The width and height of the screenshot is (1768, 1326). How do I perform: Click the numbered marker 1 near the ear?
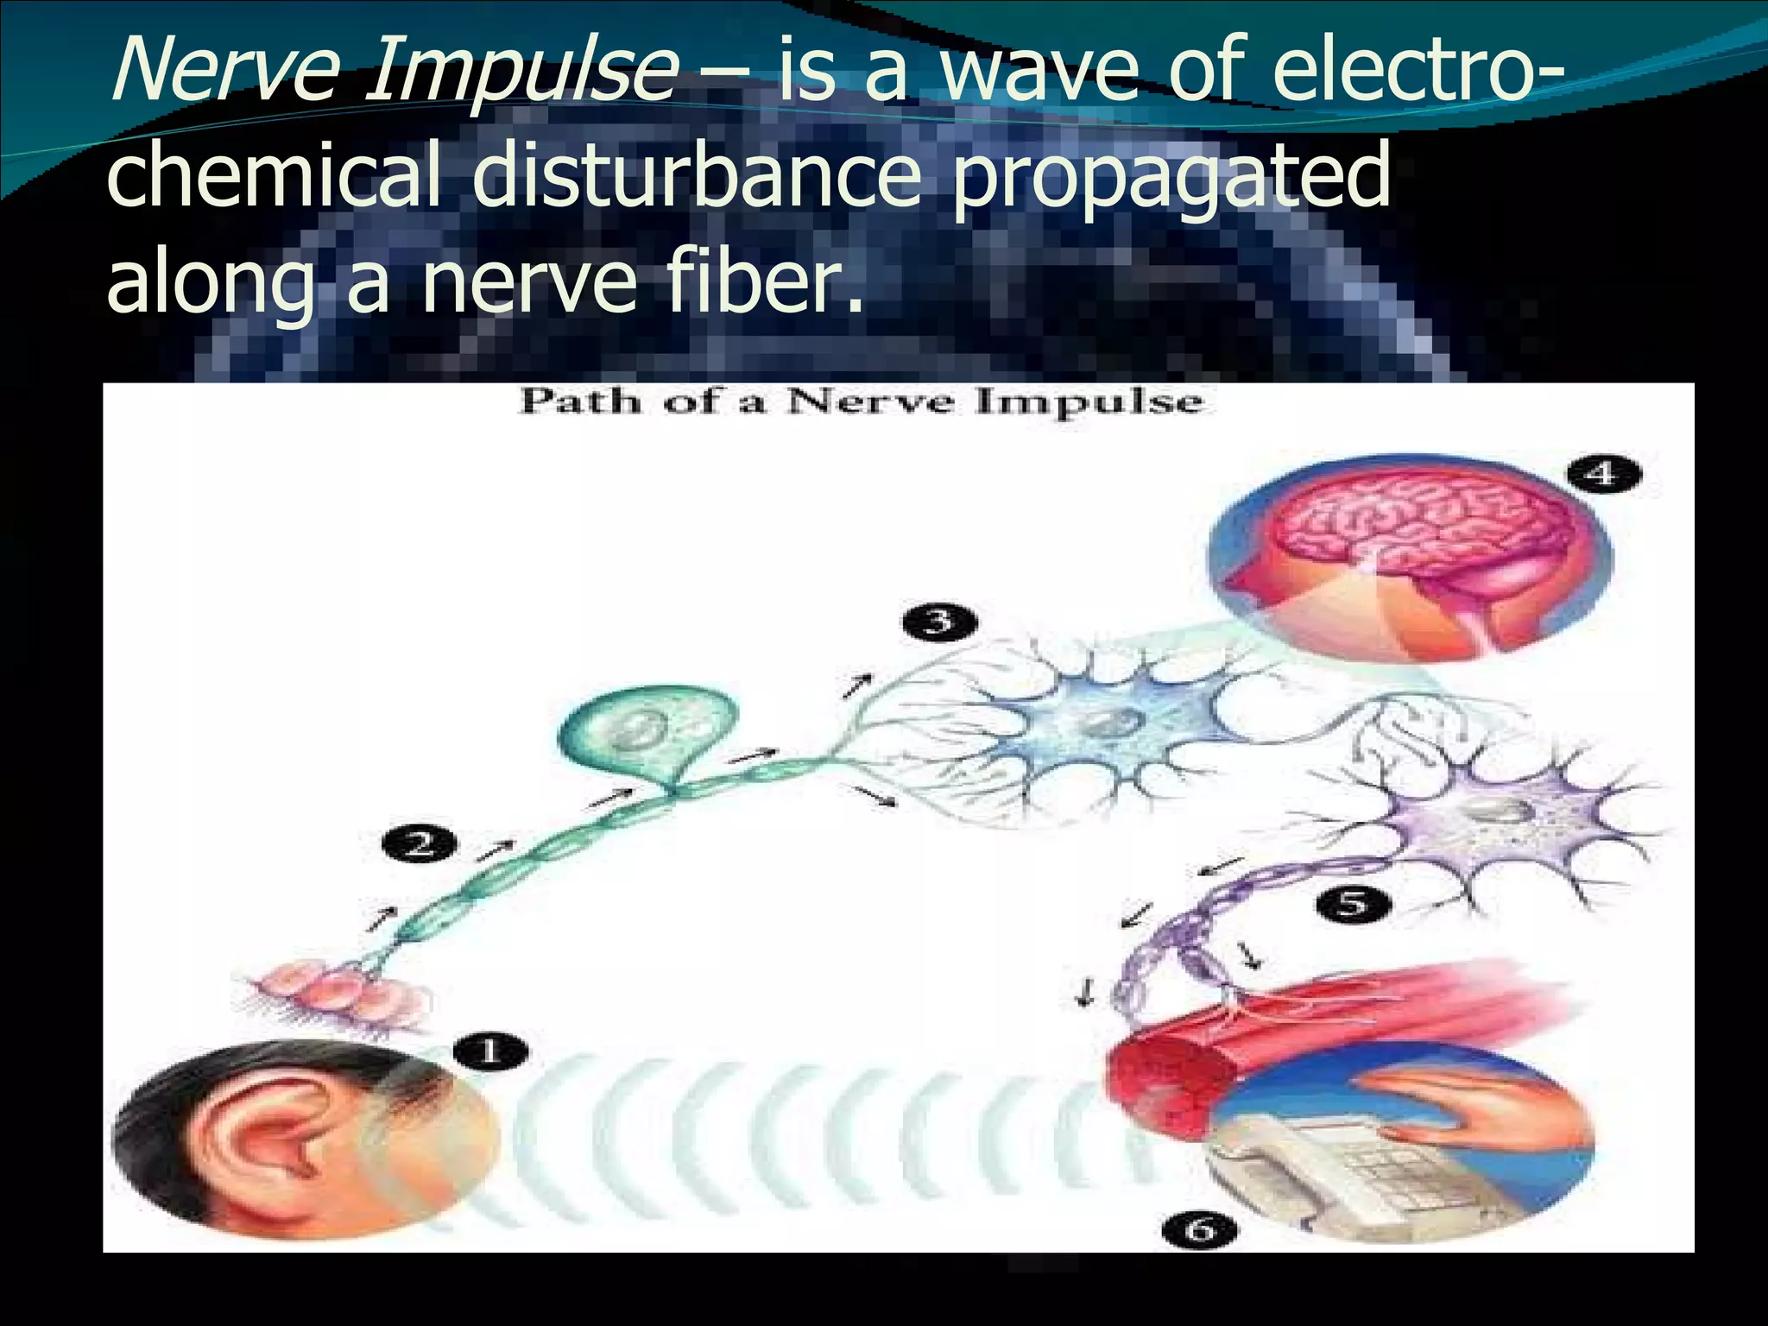pos(489,1052)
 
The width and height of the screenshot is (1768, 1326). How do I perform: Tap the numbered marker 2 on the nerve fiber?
pos(420,843)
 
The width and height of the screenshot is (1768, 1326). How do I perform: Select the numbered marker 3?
pos(938,622)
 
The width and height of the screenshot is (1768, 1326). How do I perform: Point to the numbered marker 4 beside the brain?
pos(1603,474)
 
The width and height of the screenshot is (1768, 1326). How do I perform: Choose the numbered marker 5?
pos(1353,904)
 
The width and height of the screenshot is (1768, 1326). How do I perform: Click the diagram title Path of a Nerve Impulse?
pos(860,402)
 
